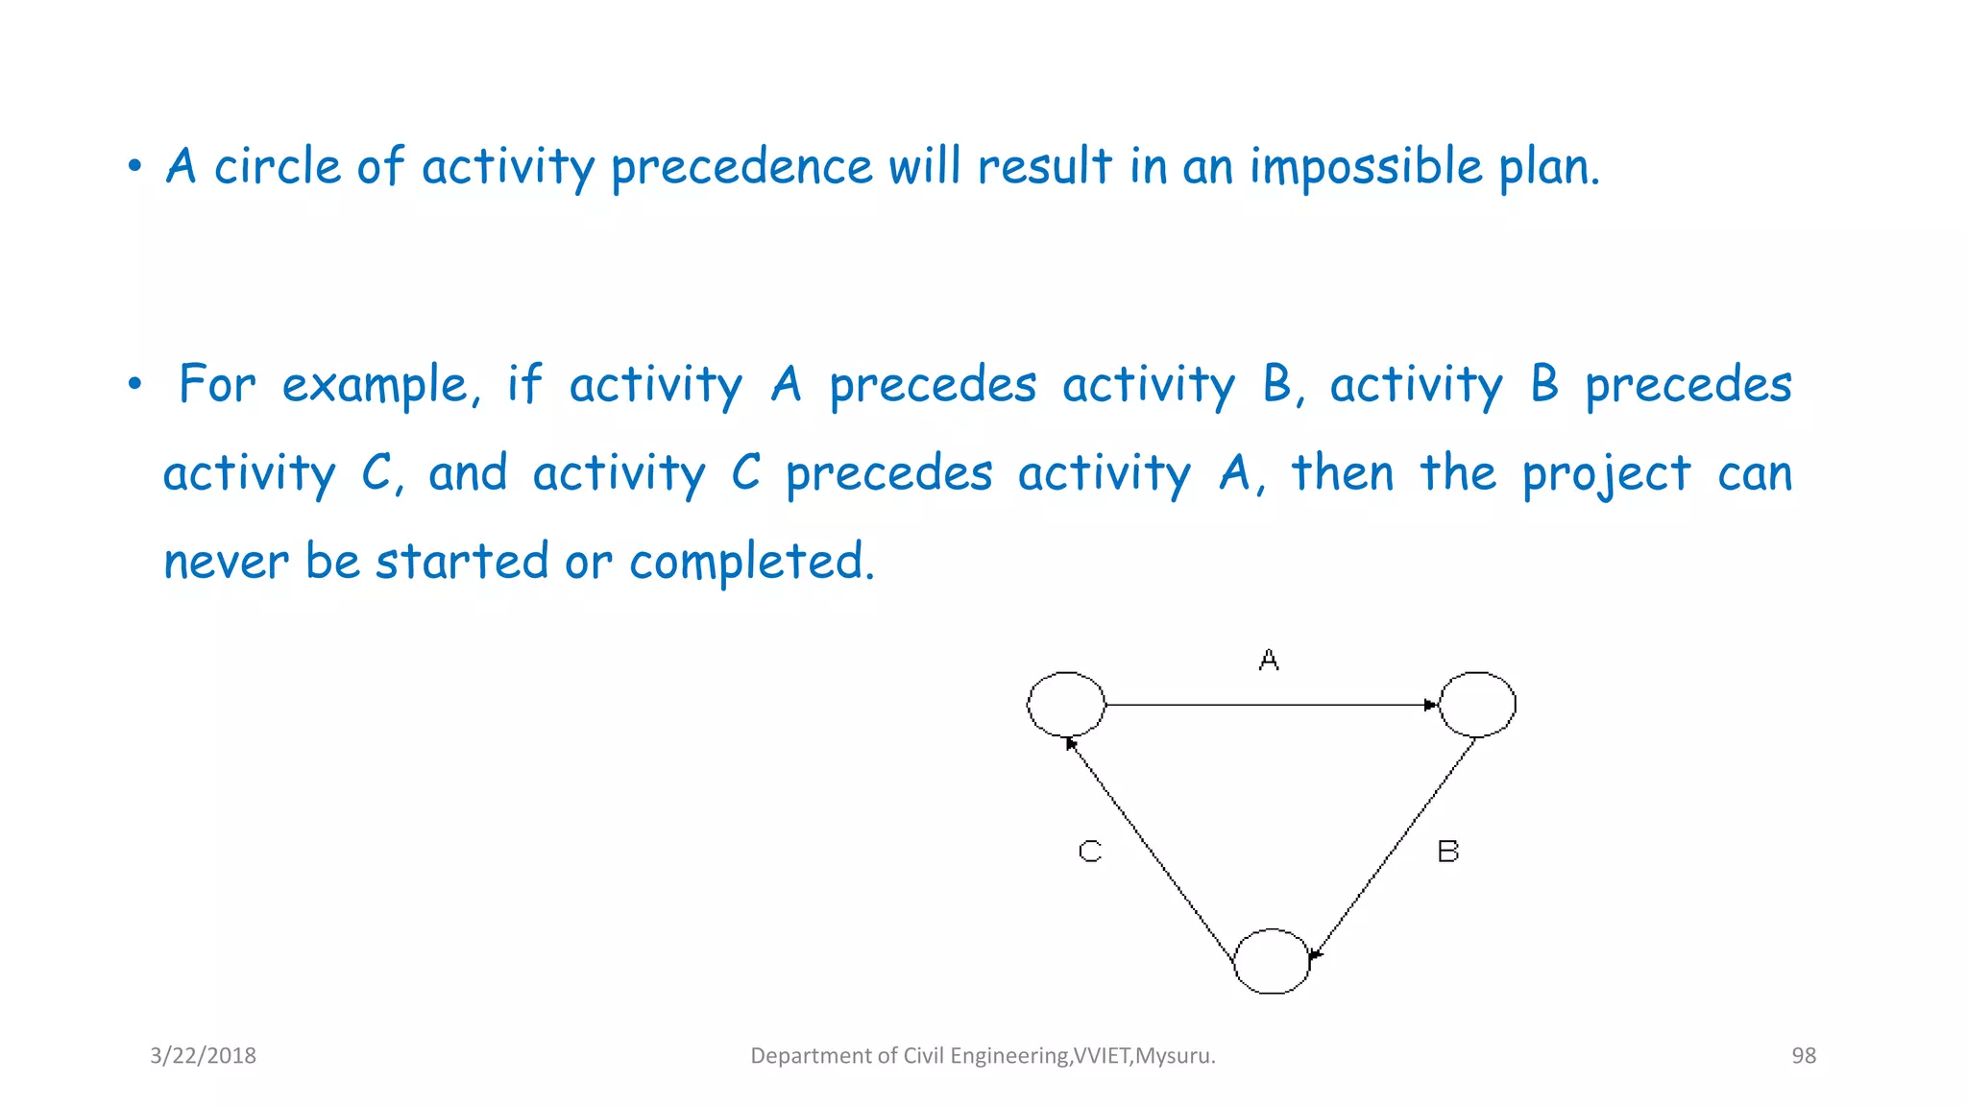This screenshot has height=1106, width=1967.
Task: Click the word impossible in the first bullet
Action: point(1366,167)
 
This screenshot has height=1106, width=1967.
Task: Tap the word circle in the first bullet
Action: point(277,167)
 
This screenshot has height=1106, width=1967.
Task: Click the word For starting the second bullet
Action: point(217,385)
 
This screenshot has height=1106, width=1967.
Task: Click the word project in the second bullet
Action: point(1606,474)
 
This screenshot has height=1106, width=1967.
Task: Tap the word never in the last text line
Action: point(226,562)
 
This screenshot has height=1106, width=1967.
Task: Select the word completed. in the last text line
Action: point(752,562)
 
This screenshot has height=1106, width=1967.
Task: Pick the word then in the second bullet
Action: point(1342,473)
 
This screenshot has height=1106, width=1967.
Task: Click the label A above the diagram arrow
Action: point(1269,661)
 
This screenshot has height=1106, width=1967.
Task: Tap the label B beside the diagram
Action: point(1447,852)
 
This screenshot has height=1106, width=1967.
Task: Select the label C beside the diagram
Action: point(1090,852)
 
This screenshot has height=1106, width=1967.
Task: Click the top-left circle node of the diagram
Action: point(1066,705)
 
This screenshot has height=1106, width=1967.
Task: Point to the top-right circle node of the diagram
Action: point(1477,705)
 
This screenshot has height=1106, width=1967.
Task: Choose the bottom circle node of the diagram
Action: point(1272,961)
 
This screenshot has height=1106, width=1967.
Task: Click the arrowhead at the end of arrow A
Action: point(1430,705)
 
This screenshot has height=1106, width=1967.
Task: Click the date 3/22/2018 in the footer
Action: point(203,1056)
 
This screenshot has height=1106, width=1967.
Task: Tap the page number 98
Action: point(1804,1056)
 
